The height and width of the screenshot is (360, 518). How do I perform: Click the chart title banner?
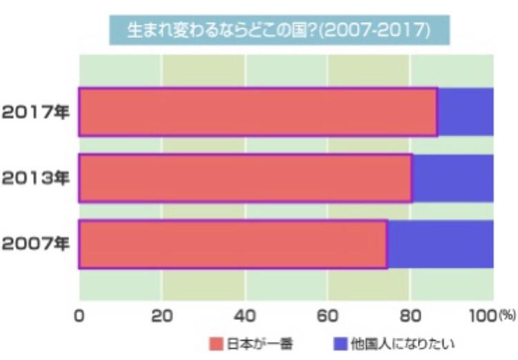(x=280, y=30)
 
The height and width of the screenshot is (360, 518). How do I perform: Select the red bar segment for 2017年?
(x=258, y=112)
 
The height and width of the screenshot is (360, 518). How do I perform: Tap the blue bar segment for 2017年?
(x=466, y=112)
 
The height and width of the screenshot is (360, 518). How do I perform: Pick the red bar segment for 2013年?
(x=246, y=178)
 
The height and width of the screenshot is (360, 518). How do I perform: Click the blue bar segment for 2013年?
(x=454, y=178)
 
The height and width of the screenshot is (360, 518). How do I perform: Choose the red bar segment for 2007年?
(x=233, y=245)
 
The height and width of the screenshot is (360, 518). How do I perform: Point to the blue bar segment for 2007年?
(x=441, y=245)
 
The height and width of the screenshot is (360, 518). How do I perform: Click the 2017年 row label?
(x=36, y=113)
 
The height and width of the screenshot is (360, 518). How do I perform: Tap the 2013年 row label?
(x=36, y=178)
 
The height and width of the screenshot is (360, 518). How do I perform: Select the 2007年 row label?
(x=36, y=244)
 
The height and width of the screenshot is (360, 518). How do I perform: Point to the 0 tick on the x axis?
(x=79, y=316)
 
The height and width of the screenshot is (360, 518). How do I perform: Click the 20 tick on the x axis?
(x=162, y=316)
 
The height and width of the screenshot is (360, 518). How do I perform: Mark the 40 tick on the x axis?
(x=244, y=316)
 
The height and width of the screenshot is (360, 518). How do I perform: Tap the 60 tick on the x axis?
(x=327, y=316)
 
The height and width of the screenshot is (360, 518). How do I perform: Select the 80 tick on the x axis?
(x=410, y=316)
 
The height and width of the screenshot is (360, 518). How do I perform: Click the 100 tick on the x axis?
(x=483, y=316)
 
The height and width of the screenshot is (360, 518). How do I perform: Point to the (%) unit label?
(x=507, y=315)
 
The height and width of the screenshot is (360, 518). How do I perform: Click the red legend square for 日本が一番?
(x=216, y=344)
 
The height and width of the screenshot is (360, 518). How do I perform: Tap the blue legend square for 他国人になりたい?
(x=340, y=344)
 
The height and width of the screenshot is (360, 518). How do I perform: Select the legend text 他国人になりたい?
(x=403, y=344)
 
